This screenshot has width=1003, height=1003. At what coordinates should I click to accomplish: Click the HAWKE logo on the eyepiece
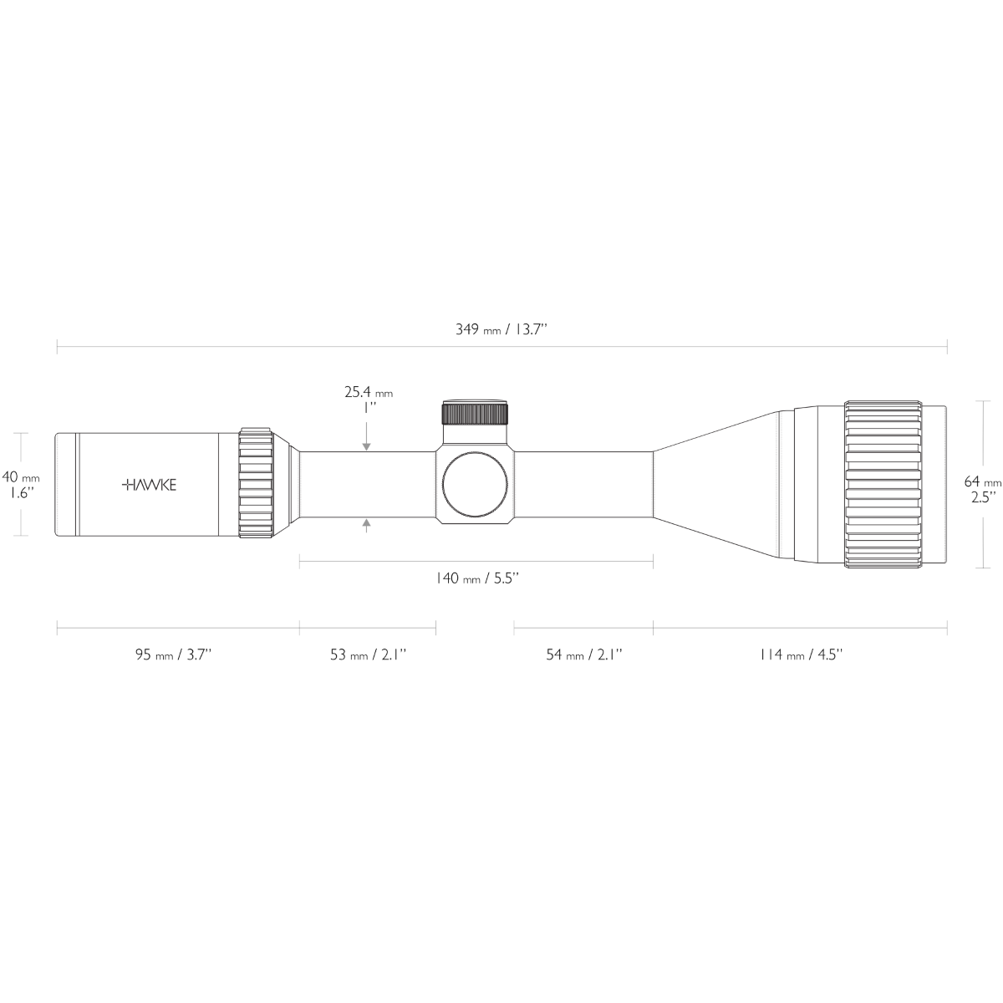(x=150, y=485)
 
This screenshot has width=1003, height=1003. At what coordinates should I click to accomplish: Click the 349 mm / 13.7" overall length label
(x=501, y=329)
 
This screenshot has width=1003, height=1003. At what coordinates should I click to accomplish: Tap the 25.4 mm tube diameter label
(x=368, y=391)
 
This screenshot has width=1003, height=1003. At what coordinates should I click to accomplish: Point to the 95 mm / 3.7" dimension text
(x=174, y=654)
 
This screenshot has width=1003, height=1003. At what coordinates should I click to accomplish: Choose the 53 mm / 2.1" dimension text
(x=368, y=654)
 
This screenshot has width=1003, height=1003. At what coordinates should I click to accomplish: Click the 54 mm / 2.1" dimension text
(x=584, y=654)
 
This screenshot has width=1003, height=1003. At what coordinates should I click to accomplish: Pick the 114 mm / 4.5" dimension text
(x=800, y=654)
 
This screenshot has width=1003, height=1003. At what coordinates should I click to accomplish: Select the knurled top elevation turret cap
(x=475, y=414)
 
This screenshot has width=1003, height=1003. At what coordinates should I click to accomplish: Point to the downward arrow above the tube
(x=366, y=446)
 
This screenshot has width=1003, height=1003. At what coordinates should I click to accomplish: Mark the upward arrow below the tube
(x=366, y=524)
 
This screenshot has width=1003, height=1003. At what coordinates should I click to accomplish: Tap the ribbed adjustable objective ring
(x=883, y=485)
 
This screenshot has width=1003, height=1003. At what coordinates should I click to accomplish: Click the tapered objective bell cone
(x=719, y=485)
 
